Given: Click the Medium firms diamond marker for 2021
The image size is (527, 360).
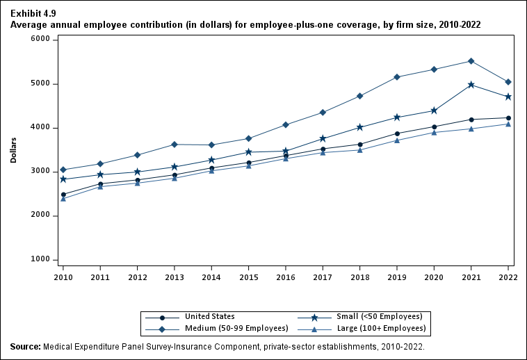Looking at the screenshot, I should point(471,61).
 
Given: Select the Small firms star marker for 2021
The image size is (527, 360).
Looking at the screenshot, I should point(471,85).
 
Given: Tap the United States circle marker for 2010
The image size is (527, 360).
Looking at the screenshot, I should point(63,195).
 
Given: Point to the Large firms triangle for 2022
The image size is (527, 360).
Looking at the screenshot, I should point(508,124).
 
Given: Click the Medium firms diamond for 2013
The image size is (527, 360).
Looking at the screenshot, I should point(175,145).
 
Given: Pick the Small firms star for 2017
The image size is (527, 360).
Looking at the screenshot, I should point(323,139).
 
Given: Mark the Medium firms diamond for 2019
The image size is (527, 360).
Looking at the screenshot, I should point(397,77).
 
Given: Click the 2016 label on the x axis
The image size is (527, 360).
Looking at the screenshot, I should point(286,277).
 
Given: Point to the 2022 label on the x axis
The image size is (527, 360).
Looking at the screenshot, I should point(508,277).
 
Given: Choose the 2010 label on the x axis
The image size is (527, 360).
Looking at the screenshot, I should point(63,277).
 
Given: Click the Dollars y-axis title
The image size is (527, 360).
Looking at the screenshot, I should point(14,149).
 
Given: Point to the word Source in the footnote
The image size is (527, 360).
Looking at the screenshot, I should point(25,346).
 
